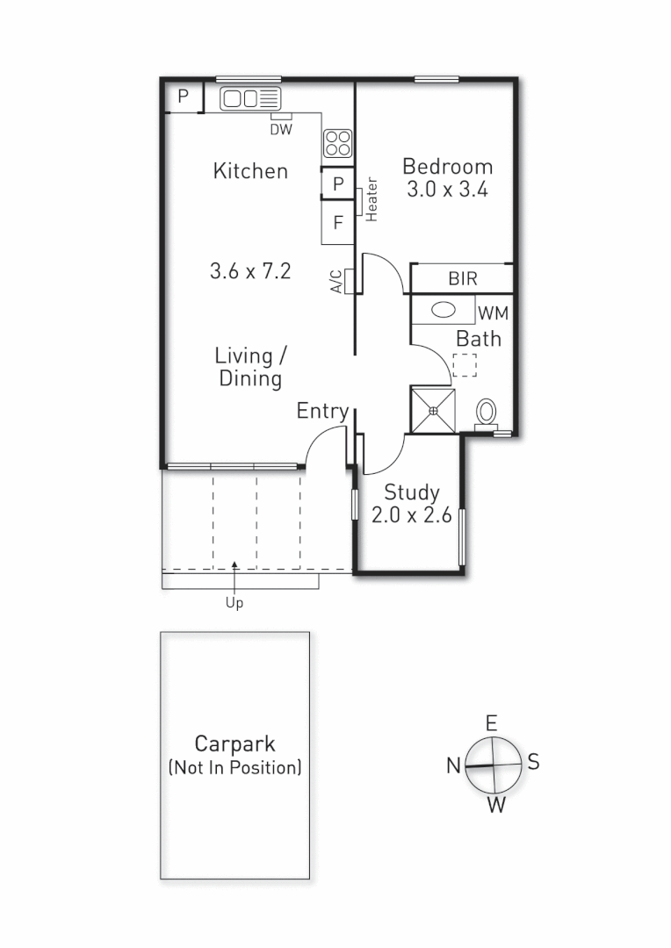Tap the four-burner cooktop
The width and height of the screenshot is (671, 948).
click(338, 143)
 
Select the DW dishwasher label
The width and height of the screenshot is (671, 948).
click(280, 130)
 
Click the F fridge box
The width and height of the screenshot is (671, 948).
click(337, 223)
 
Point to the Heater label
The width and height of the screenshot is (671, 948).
click(372, 200)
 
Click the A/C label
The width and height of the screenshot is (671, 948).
click(336, 280)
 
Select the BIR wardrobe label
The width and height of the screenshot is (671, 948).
click(462, 279)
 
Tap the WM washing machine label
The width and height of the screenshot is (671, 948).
click(493, 312)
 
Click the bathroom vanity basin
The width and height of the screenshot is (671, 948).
click(444, 310)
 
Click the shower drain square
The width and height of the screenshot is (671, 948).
click(433, 410)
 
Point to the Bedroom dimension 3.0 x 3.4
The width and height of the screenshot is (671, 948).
click(447, 190)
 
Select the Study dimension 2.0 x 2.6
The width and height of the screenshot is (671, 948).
click(411, 516)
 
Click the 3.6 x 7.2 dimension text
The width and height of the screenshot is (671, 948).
click(250, 272)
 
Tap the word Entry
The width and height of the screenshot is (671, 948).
click(322, 411)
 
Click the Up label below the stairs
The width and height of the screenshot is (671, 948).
click(234, 603)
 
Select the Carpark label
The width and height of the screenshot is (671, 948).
click(234, 744)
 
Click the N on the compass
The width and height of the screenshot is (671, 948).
click(453, 766)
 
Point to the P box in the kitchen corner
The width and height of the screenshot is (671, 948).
click(184, 97)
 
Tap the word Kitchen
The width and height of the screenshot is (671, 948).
click(250, 170)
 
